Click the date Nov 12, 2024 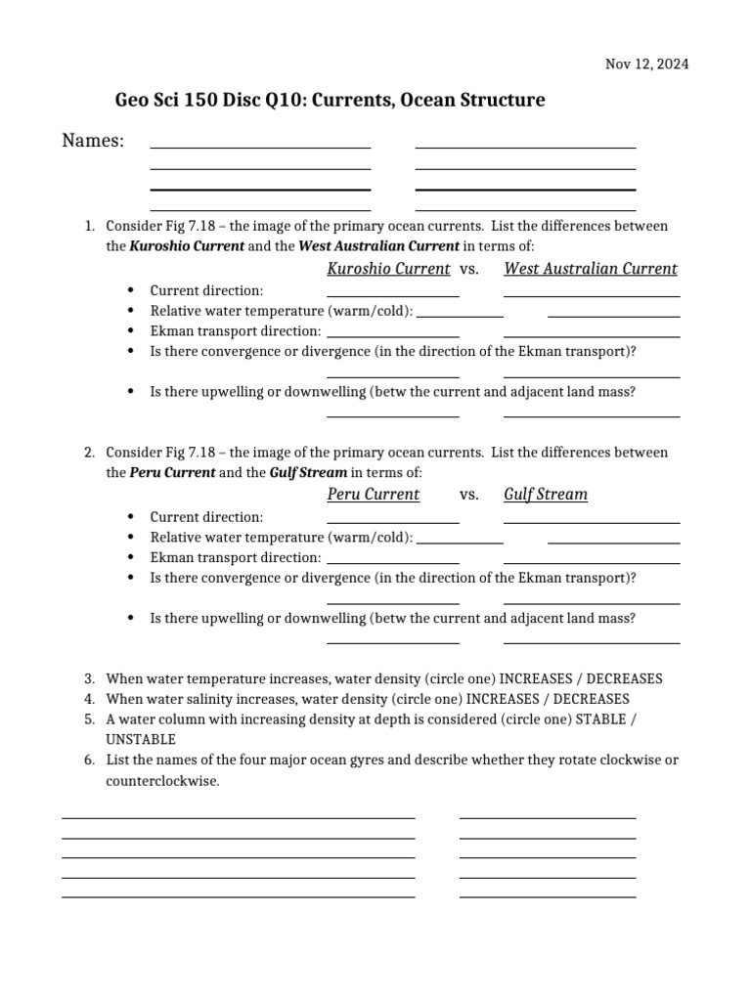pyautogui.click(x=646, y=65)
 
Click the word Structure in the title pyautogui.click(x=499, y=101)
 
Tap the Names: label pyautogui.click(x=93, y=142)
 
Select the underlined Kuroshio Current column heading pyautogui.click(x=388, y=269)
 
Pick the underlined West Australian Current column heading pyautogui.click(x=590, y=269)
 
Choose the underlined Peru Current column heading pyautogui.click(x=373, y=495)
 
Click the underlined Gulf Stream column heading pyautogui.click(x=546, y=495)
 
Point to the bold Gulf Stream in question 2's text pyautogui.click(x=308, y=472)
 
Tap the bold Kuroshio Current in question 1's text pyautogui.click(x=187, y=246)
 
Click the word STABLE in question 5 pyautogui.click(x=600, y=718)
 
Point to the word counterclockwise pyautogui.click(x=162, y=782)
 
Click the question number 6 pyautogui.click(x=88, y=760)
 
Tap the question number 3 pyautogui.click(x=88, y=678)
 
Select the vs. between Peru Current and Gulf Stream pyautogui.click(x=468, y=495)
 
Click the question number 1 pyautogui.click(x=88, y=226)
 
